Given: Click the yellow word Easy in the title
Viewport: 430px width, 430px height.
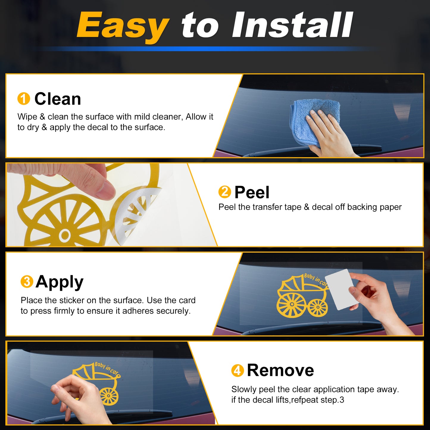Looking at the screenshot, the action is click(x=123, y=26).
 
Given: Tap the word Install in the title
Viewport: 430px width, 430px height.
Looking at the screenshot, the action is click(x=292, y=25).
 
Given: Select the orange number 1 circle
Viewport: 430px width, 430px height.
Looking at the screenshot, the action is click(x=24, y=98).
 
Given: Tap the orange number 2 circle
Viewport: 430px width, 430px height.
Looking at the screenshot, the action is click(x=225, y=192).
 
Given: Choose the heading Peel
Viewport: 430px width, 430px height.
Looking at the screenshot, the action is click(x=252, y=192).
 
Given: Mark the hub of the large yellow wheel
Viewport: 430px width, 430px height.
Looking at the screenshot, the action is click(x=65, y=235).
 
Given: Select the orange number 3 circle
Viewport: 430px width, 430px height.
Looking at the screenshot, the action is click(x=27, y=282).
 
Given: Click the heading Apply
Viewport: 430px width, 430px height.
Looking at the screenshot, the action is click(x=59, y=282).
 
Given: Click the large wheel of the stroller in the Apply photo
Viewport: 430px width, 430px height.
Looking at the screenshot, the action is click(x=292, y=304).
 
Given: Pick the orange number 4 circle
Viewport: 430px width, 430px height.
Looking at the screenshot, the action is click(x=237, y=371).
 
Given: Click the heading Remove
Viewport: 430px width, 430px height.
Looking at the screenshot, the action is click(x=281, y=370).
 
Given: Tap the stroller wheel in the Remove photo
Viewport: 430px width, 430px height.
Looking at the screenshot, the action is click(x=109, y=396).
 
